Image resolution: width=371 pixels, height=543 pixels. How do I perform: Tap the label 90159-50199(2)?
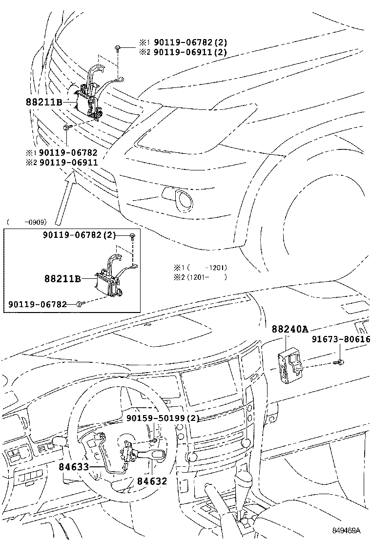163,418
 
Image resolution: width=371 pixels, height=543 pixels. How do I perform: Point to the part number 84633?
74,467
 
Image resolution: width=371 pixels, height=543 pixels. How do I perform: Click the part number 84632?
152,481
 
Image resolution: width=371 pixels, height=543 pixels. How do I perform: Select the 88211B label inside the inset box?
63,279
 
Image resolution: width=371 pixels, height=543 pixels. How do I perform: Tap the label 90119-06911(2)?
190,52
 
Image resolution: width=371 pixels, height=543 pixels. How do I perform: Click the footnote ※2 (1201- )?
200,277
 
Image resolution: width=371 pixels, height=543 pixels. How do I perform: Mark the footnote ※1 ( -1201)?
200,268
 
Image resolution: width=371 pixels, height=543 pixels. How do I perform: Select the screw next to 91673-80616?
339,362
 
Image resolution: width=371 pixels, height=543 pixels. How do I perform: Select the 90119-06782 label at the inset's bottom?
41,304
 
